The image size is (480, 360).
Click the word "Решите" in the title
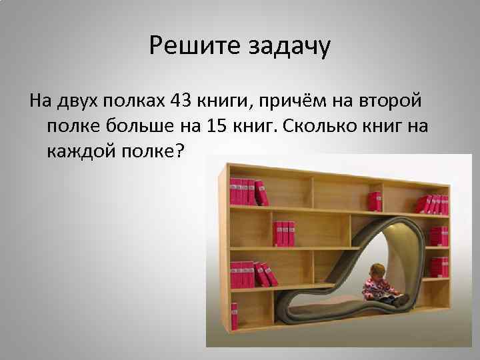187,47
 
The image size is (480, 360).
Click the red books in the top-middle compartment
375,200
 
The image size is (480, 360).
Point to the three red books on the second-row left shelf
283,233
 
